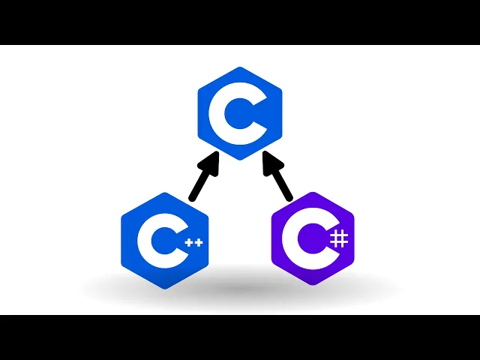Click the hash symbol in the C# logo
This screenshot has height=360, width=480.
[x=339, y=239]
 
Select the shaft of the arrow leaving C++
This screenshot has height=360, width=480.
[x=200, y=184]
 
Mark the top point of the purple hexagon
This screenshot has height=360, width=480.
[x=313, y=193]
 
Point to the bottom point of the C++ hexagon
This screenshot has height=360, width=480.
[x=164, y=289]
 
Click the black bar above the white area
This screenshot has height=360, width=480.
[x=240, y=22]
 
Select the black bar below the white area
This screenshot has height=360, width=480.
[x=240, y=337]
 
